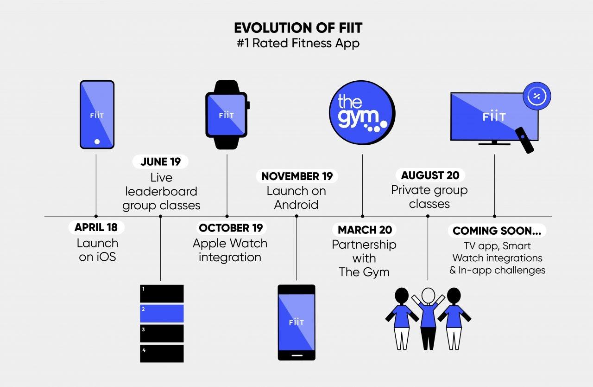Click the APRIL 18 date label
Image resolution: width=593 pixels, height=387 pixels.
pos(96,227)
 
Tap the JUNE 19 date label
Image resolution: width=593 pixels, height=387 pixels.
pos(160,161)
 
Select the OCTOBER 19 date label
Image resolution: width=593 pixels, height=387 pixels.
pos(231,228)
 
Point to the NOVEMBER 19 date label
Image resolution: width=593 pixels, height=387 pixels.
pos(297,176)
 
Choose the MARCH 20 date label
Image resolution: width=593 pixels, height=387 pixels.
pos(365,230)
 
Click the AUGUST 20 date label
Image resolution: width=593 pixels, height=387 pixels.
pos(430,175)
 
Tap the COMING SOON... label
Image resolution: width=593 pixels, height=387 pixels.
pos(497,231)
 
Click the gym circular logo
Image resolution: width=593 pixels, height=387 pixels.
pos(362,113)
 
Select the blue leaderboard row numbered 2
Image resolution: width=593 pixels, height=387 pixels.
pos(162,313)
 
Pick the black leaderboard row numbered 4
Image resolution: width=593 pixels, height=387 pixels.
pos(162,353)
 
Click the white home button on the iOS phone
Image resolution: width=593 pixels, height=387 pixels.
pos(97,142)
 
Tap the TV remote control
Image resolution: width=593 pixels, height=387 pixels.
pos(524,141)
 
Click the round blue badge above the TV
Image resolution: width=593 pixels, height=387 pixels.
pos(537,96)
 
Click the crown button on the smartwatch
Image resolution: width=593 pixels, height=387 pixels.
pos(248,105)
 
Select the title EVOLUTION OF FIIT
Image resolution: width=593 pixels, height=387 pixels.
pos(298,28)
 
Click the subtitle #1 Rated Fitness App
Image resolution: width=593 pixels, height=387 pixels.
pos(298,43)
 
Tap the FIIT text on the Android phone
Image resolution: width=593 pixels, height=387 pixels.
pos(296,322)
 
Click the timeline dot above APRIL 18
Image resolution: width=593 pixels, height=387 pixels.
pos(96,216)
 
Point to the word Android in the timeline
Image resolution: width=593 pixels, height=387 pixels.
pos(296,205)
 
